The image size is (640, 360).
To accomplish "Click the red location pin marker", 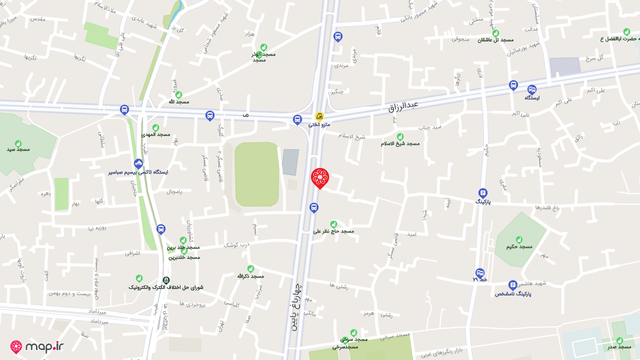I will point(320,178).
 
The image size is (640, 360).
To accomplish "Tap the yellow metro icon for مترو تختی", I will point(319,116).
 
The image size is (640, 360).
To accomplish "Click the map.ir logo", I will point(37,347).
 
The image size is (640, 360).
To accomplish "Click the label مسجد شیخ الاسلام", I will point(400,143).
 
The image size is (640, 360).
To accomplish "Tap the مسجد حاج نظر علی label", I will point(333,231).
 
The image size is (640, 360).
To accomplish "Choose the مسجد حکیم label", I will point(519,246).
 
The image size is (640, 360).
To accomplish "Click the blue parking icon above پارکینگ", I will point(482,193).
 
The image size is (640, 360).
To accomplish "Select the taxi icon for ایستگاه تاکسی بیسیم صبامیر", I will point(138,164).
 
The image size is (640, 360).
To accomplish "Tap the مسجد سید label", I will point(18,149).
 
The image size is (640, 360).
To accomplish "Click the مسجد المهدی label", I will point(155,134).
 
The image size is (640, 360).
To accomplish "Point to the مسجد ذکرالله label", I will point(250,276).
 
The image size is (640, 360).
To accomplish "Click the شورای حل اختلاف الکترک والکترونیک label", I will point(166,287).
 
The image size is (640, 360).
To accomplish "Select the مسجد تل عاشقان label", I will point(495,39).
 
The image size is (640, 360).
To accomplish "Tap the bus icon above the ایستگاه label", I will point(531,89).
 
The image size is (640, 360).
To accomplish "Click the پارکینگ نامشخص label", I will point(513,293).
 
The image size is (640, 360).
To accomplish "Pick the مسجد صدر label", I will point(619,346).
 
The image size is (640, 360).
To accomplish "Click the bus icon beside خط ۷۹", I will point(480,273).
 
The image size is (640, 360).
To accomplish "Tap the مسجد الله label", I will point(178,101).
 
